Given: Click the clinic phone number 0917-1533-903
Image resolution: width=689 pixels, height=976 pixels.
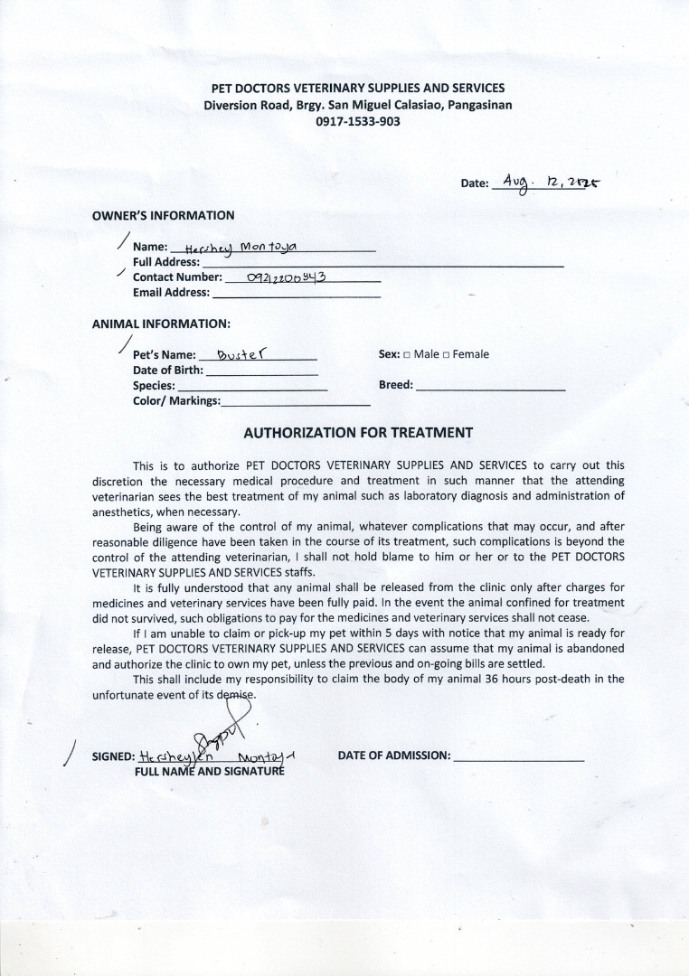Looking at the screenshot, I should pos(357,121).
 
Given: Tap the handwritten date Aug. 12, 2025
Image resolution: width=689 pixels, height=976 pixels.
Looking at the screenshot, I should pos(551,182).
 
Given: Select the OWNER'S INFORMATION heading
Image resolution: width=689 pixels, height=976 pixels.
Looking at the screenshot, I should pos(163,215).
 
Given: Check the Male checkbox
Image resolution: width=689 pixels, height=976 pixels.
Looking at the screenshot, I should pos(407,354).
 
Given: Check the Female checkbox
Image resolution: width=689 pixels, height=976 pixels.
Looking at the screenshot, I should pos(446,354).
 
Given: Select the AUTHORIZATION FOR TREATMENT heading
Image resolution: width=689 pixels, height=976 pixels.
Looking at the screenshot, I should pos(358,432).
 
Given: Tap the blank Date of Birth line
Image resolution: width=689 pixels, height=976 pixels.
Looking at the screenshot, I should pos(262,373).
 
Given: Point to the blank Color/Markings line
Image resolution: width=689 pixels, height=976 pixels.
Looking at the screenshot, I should pos(295,404).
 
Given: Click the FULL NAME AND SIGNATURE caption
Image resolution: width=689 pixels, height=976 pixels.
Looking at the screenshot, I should pos(209,772).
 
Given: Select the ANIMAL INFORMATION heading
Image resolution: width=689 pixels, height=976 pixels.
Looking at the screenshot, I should pos(161,323).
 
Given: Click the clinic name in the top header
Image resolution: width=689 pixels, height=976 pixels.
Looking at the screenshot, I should pos(357,88).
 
